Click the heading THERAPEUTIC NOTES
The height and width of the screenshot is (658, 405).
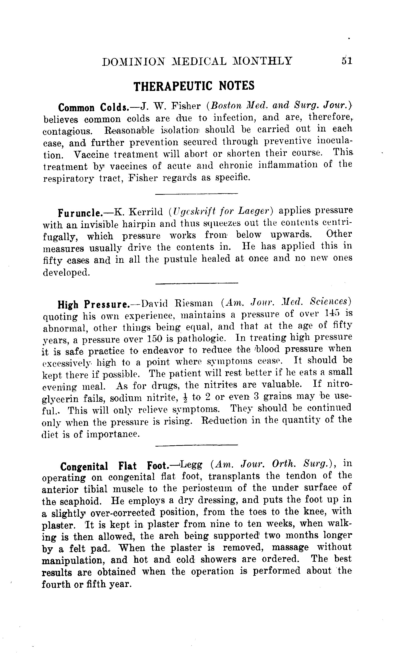[194, 86]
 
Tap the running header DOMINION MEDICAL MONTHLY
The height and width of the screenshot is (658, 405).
[197, 62]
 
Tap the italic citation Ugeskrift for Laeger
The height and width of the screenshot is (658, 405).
[221, 212]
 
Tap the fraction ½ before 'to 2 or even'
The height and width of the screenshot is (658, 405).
[184, 398]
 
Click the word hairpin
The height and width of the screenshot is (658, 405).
[139, 224]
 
